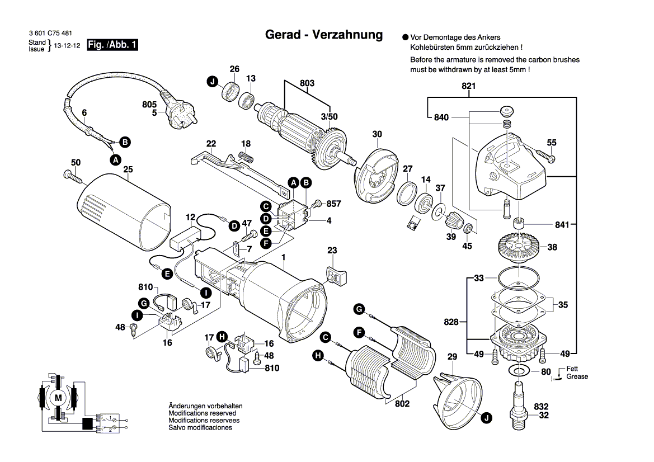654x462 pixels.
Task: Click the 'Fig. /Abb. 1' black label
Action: [x=112, y=45]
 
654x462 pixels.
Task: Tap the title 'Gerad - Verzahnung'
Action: [x=323, y=35]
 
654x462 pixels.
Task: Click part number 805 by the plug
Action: [x=149, y=103]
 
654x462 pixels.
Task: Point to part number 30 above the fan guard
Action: [x=377, y=134]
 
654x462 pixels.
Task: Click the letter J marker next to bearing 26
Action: [x=212, y=82]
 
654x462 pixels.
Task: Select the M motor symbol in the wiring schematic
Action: [x=58, y=397]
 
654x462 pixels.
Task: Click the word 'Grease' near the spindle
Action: [x=577, y=376]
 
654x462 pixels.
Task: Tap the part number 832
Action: [x=541, y=407]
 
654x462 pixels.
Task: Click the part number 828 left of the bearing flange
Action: [x=451, y=322]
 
